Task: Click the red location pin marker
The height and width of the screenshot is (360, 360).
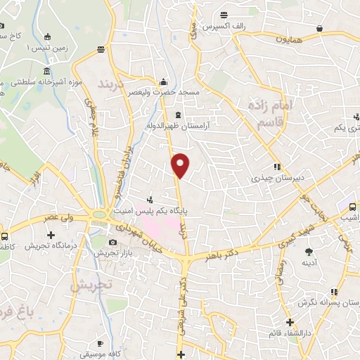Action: pos(181,165)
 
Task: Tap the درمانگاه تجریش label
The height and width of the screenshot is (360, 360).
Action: pos(49,246)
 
